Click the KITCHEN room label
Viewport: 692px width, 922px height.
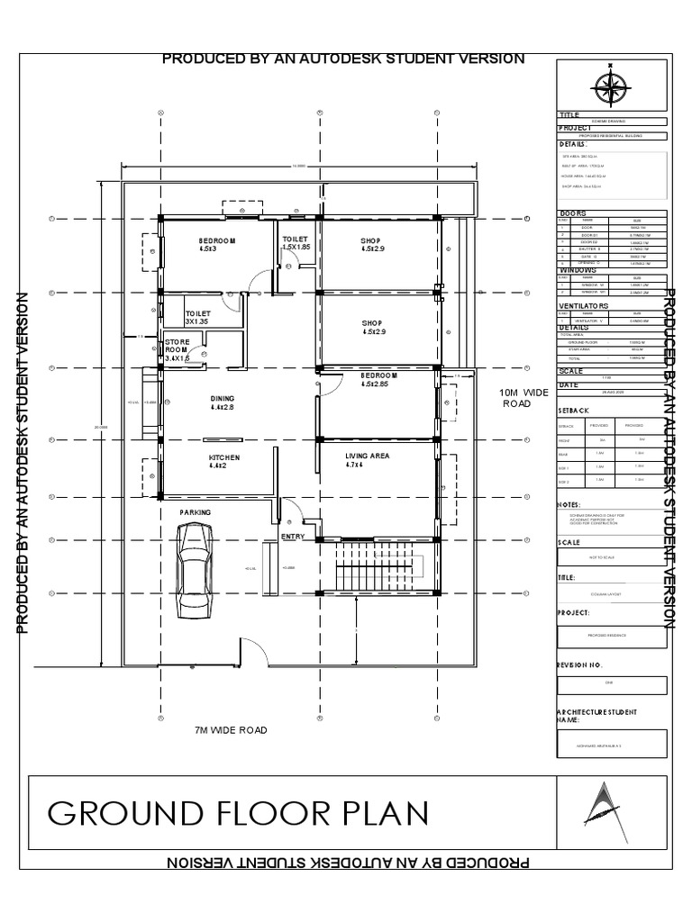click(x=223, y=462)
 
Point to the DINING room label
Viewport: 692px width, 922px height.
click(x=222, y=402)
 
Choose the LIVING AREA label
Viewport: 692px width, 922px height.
click(x=367, y=461)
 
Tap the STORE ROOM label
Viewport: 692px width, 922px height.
click(x=176, y=350)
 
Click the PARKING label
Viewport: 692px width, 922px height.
click(x=195, y=511)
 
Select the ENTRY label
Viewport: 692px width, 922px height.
click(x=293, y=538)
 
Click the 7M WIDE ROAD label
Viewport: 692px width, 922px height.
click(x=231, y=730)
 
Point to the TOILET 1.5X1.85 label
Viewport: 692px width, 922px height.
click(x=296, y=243)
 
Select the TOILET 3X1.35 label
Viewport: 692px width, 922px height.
click(x=197, y=316)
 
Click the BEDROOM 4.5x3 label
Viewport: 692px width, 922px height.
click(x=216, y=245)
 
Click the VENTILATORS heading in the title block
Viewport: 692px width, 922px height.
click(x=584, y=306)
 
